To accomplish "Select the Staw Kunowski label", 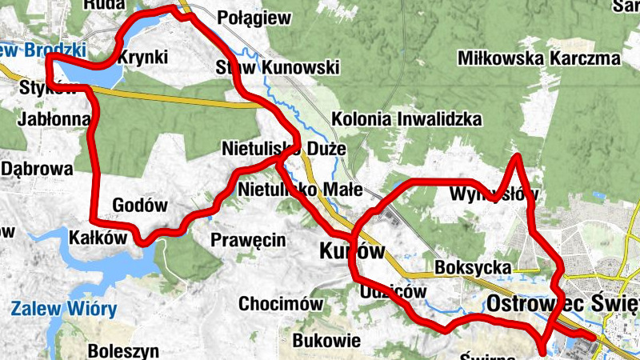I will (278, 68).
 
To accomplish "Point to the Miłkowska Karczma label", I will (539, 58).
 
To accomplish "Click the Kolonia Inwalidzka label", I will (407, 119).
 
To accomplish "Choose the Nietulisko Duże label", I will (283, 149).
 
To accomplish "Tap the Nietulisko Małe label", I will (301, 190).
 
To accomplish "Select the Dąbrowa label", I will (37, 169).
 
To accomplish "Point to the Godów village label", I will (140, 206).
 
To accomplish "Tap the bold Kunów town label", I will (352, 250).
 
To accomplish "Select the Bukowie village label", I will (326, 341).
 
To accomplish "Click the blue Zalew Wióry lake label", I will (64, 308).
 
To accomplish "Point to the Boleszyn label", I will (123, 350).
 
